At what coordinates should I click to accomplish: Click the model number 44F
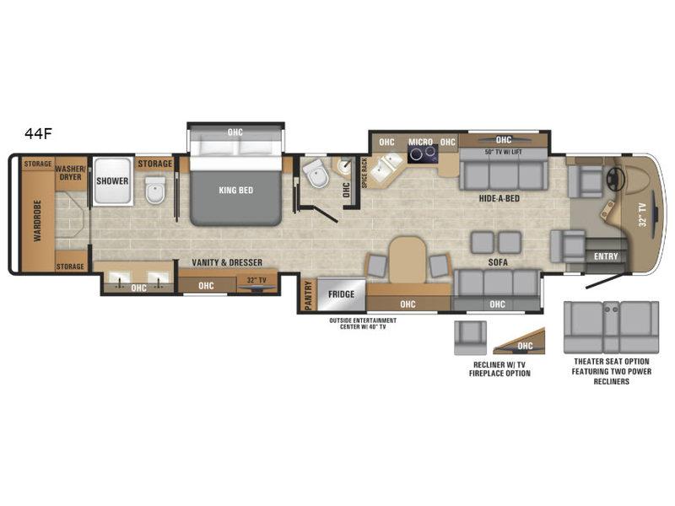[38, 134]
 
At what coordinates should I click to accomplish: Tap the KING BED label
[236, 191]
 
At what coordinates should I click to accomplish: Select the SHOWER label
[112, 181]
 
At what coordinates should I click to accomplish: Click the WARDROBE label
[37, 220]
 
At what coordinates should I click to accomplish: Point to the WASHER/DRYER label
[71, 173]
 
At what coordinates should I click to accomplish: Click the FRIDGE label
[342, 294]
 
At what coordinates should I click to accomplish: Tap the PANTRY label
[308, 295]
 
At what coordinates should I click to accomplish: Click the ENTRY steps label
[606, 256]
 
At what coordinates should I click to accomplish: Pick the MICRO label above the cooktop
[420, 142]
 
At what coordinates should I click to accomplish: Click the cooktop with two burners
[423, 154]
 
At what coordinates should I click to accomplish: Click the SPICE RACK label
[364, 173]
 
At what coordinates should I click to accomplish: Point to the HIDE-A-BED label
[499, 198]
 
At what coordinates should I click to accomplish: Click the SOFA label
[498, 262]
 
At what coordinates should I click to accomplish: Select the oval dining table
[408, 260]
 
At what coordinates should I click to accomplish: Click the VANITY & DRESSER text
[227, 262]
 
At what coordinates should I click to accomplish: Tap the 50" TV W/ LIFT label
[503, 152]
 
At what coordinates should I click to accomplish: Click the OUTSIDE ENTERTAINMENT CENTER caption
[363, 324]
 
